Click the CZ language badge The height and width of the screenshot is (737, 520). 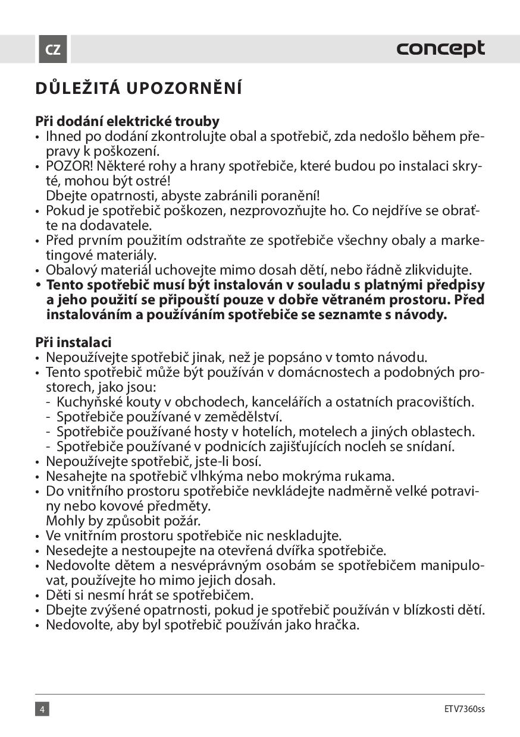52,49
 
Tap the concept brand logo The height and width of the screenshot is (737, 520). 441,49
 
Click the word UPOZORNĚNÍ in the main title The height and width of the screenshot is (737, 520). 185,89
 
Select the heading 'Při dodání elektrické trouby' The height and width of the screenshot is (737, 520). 127,121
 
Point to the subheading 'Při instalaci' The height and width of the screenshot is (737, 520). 73,342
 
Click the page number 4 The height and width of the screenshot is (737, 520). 42,709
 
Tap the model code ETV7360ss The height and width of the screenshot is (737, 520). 464,709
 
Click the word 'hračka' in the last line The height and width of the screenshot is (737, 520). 336,625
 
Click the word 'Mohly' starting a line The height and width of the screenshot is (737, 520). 64,521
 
